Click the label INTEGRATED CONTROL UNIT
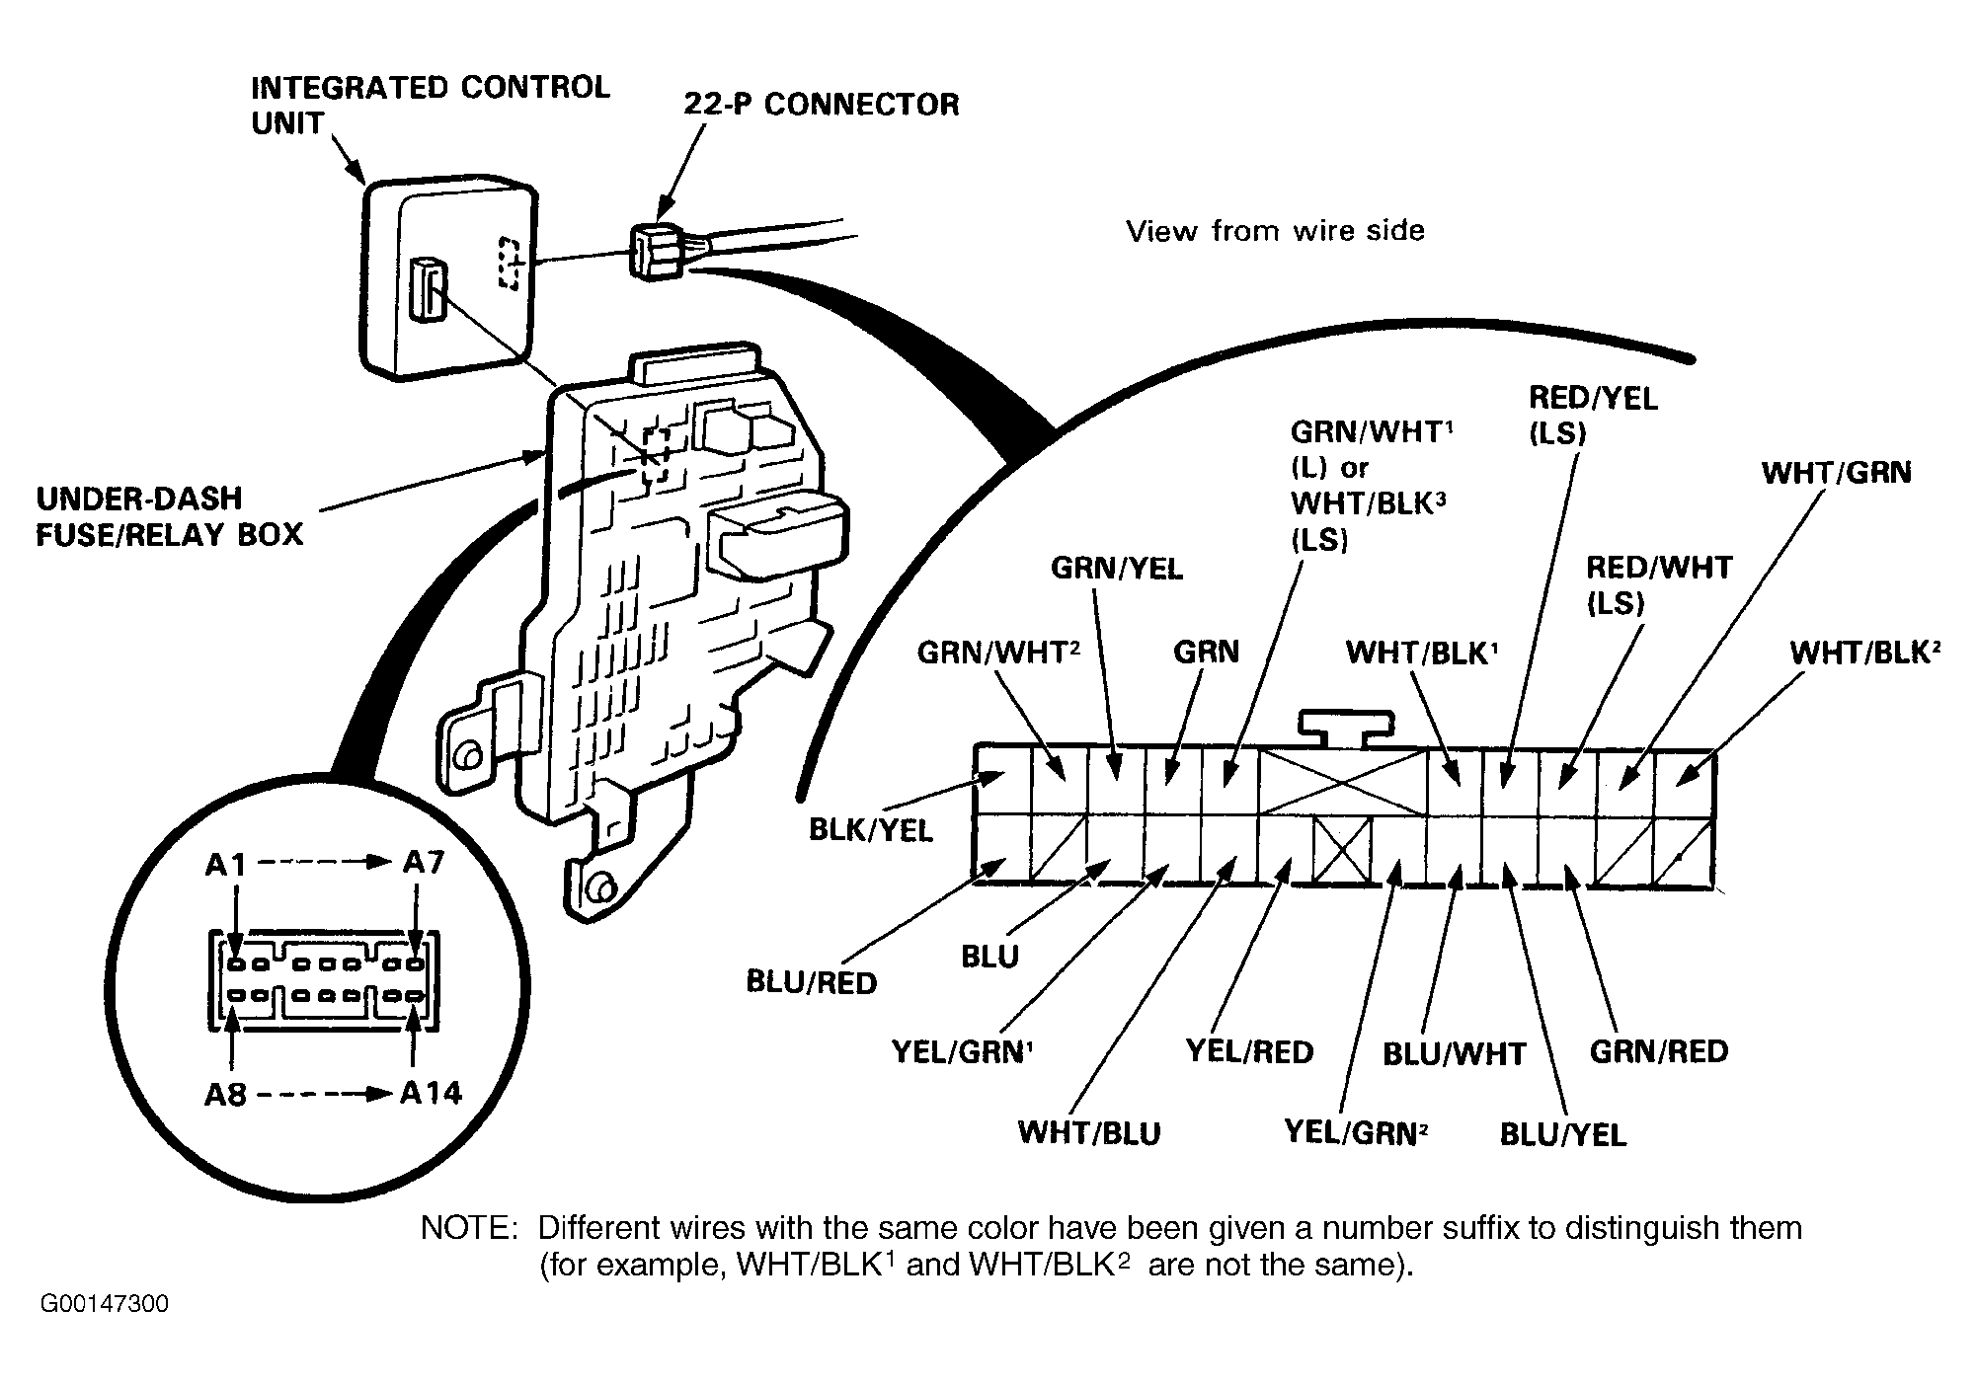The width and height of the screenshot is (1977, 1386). click(x=431, y=105)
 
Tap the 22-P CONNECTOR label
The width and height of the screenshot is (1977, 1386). click(x=821, y=105)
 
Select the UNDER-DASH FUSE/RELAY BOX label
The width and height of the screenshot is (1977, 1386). click(x=170, y=516)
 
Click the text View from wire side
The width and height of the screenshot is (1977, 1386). click(x=1275, y=231)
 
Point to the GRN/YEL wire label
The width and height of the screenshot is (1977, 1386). click(x=1116, y=569)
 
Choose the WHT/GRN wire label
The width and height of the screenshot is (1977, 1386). click(x=1836, y=473)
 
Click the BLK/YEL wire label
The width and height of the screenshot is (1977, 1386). click(x=870, y=830)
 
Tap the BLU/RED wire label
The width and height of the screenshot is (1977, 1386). click(x=811, y=983)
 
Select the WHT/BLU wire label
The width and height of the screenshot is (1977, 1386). click(x=1089, y=1132)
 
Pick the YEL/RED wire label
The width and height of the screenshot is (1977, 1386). click(x=1249, y=1052)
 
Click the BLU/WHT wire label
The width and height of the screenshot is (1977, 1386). click(x=1454, y=1054)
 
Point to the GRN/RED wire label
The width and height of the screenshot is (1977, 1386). click(x=1659, y=1051)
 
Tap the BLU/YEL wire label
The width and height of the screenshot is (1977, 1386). click(x=1562, y=1135)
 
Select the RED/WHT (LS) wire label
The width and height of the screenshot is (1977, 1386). click(x=1659, y=585)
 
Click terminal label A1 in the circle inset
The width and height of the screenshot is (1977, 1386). click(x=225, y=866)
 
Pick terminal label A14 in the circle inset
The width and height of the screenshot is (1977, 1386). click(x=431, y=1093)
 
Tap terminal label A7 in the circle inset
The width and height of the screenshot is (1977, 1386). click(x=424, y=863)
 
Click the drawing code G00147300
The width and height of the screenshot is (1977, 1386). click(x=105, y=1305)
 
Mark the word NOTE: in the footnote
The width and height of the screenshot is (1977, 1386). click(x=469, y=1229)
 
